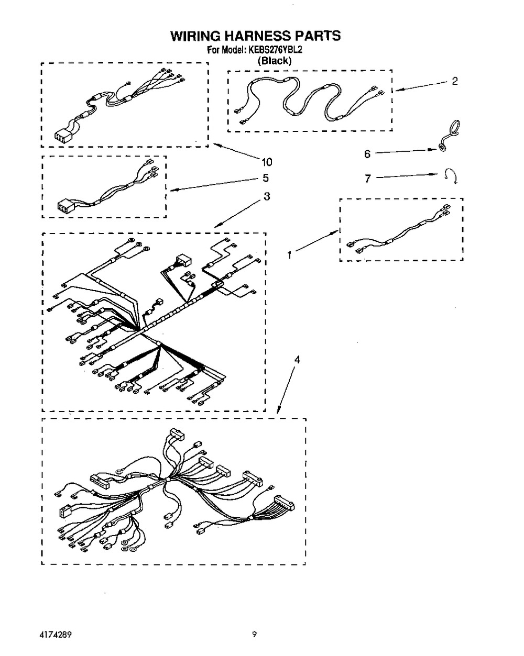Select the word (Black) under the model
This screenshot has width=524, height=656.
[274, 61]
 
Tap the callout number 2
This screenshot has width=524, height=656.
[454, 81]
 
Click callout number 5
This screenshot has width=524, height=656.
[266, 178]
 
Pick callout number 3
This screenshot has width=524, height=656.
[267, 197]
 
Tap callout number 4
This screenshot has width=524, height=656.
[297, 360]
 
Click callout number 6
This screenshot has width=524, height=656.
[367, 154]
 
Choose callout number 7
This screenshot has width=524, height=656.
[368, 179]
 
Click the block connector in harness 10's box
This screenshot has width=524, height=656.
[62, 136]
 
